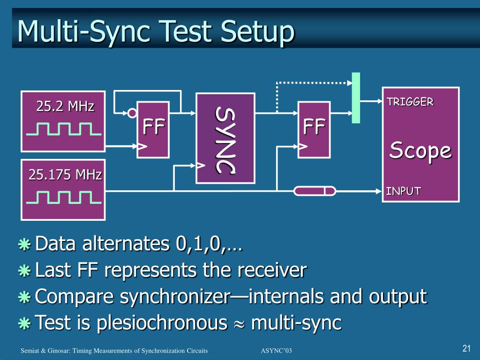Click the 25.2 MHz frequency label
pos(65,106)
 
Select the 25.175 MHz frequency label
pos(65,175)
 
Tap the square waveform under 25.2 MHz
pos(64,128)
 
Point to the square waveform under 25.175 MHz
pos(64,197)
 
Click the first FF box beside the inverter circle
pos(153,130)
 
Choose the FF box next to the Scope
pos(314,129)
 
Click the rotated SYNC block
pos(225,138)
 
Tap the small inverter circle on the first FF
pos(133,113)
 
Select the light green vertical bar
pos(356,97)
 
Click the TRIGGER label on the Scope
pos(410,102)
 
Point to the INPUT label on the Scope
pos(403,191)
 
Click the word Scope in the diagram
pos(420,150)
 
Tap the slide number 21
pos(466,348)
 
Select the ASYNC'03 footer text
pos(276,351)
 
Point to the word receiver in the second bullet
pos(271,270)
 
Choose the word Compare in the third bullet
pos(76,297)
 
